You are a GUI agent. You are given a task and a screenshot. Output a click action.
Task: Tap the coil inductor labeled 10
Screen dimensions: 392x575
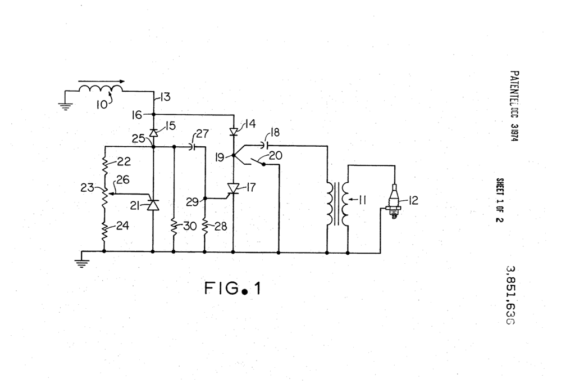tap(102, 89)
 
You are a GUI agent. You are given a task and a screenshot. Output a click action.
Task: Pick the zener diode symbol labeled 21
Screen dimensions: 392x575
tap(153, 205)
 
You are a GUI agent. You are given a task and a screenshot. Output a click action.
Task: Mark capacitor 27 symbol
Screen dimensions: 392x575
tap(193, 146)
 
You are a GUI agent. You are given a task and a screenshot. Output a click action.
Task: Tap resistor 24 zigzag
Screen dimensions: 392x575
tap(105, 231)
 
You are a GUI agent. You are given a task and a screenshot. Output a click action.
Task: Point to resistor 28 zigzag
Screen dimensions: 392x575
tap(204, 227)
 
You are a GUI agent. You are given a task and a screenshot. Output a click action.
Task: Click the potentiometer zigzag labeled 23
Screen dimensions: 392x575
tap(105, 194)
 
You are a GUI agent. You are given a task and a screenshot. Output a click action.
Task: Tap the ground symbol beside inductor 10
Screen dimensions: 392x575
tap(65, 105)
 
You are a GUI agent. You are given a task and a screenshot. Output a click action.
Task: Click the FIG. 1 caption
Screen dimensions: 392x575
tap(232, 289)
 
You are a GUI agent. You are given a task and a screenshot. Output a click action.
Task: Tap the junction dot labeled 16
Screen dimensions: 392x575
tap(153, 114)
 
